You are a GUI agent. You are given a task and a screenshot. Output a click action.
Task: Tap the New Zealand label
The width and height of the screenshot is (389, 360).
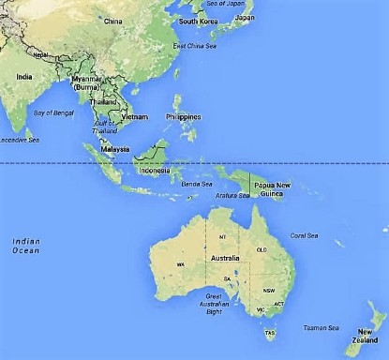click(363, 336)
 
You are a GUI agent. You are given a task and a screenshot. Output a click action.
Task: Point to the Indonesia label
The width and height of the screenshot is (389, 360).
click(155, 171)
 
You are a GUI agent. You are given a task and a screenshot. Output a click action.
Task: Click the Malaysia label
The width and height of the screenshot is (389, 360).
click(114, 148)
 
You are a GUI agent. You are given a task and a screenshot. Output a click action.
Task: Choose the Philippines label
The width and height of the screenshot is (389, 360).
click(182, 116)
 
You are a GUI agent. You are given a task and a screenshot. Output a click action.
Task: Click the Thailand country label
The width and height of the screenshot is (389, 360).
click(103, 101)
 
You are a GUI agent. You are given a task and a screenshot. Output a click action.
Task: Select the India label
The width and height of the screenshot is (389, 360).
click(24, 76)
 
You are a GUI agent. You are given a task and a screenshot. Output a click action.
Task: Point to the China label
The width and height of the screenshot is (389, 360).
click(113, 20)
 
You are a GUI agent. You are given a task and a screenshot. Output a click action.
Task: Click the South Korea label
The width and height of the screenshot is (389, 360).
click(198, 21)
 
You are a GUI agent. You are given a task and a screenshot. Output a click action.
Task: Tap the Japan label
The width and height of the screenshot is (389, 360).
click(245, 17)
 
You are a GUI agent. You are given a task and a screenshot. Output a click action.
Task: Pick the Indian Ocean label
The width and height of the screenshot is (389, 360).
click(25, 246)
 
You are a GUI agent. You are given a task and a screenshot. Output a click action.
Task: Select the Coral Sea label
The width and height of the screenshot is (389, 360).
click(304, 235)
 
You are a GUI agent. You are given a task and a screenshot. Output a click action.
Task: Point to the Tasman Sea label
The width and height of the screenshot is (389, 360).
click(321, 327)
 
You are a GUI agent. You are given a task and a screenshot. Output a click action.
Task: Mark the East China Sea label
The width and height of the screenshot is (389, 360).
click(192, 45)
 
